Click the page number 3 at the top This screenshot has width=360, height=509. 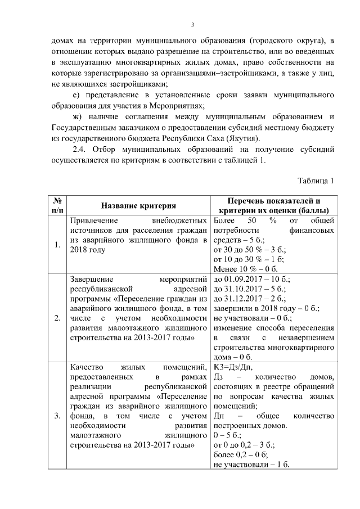[x=192, y=25]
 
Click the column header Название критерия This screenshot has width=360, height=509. [x=138, y=206]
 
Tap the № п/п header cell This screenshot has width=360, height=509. [x=57, y=206]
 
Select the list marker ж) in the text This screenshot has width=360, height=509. [x=78, y=116]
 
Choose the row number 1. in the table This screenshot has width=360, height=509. [x=57, y=245]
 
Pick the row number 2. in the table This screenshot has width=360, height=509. [x=57, y=318]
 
